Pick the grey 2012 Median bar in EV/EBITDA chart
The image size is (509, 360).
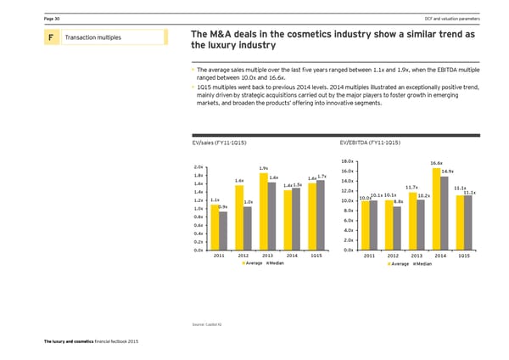click(x=397, y=228)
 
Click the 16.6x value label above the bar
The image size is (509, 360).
click(x=436, y=164)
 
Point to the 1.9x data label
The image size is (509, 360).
click(x=264, y=167)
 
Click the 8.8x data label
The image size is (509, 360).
click(x=399, y=201)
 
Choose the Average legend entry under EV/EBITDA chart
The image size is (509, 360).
click(x=399, y=263)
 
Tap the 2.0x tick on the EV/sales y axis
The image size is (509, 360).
click(x=198, y=166)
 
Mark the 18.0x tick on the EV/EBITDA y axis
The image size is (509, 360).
click(x=346, y=161)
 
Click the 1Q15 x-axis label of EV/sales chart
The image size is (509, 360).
click(x=316, y=256)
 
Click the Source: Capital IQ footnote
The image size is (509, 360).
click(x=210, y=325)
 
